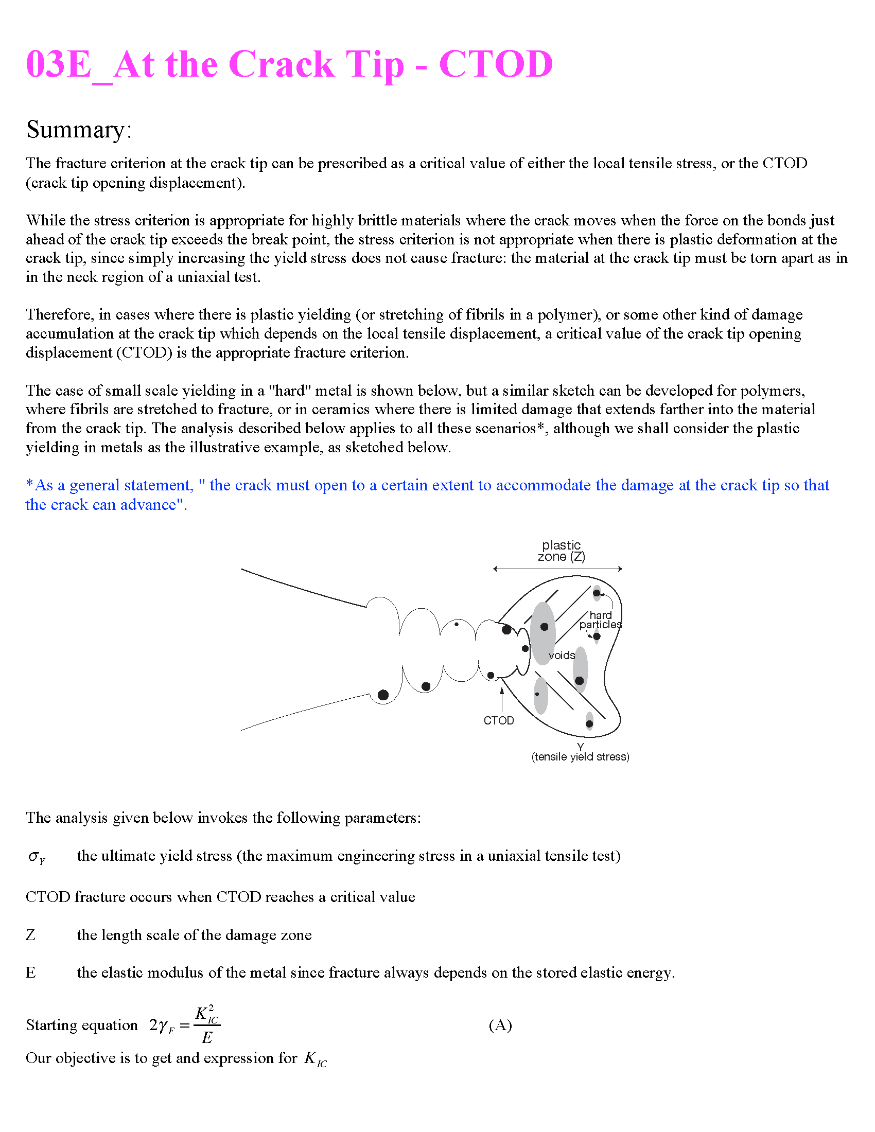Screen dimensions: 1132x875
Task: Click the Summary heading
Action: [79, 130]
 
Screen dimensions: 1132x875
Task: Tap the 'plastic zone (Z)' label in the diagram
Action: [562, 551]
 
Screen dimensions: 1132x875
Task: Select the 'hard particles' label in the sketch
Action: [600, 620]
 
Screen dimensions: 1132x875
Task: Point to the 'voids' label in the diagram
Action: [562, 656]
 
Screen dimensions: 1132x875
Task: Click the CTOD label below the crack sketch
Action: [499, 721]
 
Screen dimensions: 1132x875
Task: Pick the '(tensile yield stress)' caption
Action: [580, 757]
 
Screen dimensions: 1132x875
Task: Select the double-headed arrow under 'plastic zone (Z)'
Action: [557, 569]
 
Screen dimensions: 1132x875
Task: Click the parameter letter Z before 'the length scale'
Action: [30, 935]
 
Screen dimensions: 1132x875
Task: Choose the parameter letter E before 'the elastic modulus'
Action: [30, 973]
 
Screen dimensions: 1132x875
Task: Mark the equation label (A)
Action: [500, 1025]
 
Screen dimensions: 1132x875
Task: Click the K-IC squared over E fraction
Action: [207, 1025]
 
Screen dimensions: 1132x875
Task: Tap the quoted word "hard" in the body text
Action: [289, 391]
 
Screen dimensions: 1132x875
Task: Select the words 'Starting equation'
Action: [82, 1025]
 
